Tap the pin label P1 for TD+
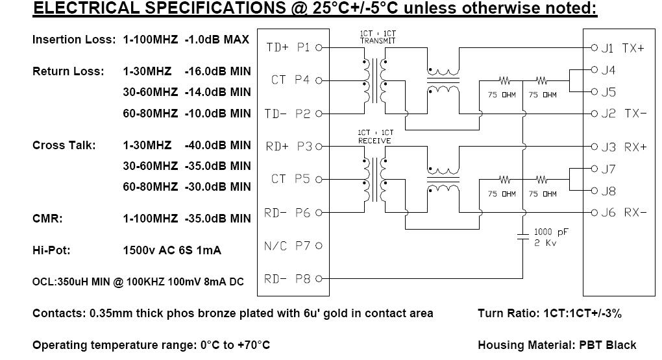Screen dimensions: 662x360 pos(303,47)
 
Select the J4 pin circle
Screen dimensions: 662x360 pos(595,69)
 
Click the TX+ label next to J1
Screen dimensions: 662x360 pos(633,48)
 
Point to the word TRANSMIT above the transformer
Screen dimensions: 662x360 pos(378,41)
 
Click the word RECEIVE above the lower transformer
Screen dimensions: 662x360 pos(374,141)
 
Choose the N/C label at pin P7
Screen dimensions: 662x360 pos(275,246)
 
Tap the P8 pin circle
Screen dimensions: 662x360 pos(319,278)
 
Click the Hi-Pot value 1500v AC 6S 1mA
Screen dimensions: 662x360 pos(172,250)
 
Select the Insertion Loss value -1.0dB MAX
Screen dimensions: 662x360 pos(217,40)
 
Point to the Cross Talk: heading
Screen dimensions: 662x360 pos(64,145)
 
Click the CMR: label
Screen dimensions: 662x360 pos(47,219)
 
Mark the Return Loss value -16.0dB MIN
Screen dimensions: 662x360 pos(217,71)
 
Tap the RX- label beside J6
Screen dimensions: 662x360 pos(635,212)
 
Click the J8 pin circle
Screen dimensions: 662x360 pos(595,191)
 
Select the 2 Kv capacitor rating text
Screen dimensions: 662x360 pos(545,243)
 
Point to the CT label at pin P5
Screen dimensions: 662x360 pos(278,179)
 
